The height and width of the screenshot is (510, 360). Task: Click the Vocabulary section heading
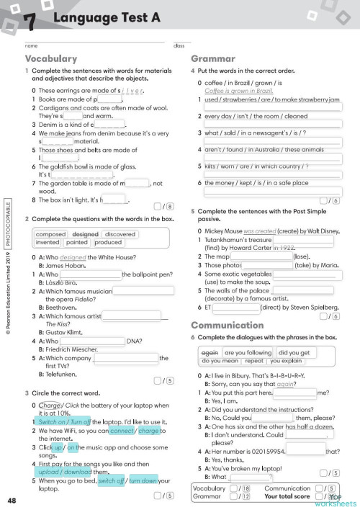pyautogui.click(x=51, y=58)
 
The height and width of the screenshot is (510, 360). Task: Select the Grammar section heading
pyautogui.click(x=212, y=58)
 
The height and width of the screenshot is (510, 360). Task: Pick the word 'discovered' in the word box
pyautogui.click(x=120, y=234)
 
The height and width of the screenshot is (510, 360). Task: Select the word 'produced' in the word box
pyautogui.click(x=108, y=243)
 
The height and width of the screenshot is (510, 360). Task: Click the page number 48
pyautogui.click(x=12, y=501)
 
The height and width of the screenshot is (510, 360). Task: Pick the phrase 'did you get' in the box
pyautogui.click(x=294, y=353)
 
